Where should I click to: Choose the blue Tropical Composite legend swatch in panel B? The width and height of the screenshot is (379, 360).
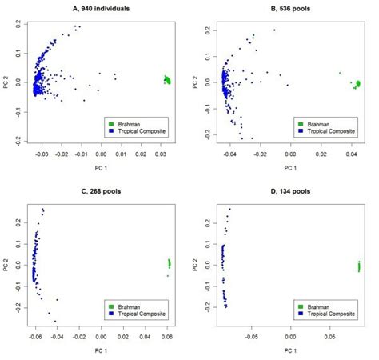tap(300, 131)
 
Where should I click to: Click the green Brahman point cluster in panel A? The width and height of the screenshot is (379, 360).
tap(167, 79)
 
